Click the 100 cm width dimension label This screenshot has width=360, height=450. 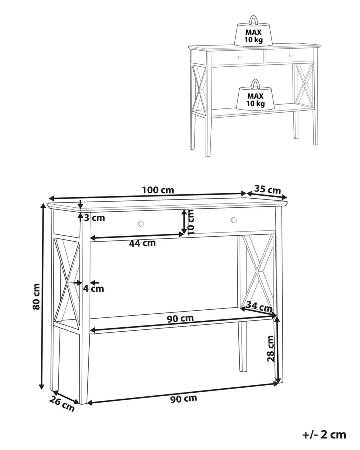tap(158, 190)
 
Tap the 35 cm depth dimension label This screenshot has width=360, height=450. tap(267, 189)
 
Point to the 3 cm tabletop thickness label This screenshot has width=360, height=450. tap(95, 217)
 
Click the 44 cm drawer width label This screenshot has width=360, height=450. tap(142, 243)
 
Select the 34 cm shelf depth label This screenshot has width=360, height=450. tap(259, 306)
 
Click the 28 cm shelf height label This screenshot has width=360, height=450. tap(270, 348)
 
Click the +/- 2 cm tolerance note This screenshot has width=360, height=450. tap(324, 434)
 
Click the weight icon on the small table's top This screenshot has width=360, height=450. tap(254, 34)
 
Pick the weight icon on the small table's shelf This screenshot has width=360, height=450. tap(255, 97)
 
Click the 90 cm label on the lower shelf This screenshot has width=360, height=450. tap(181, 318)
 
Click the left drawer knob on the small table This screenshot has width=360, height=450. tap(239, 57)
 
